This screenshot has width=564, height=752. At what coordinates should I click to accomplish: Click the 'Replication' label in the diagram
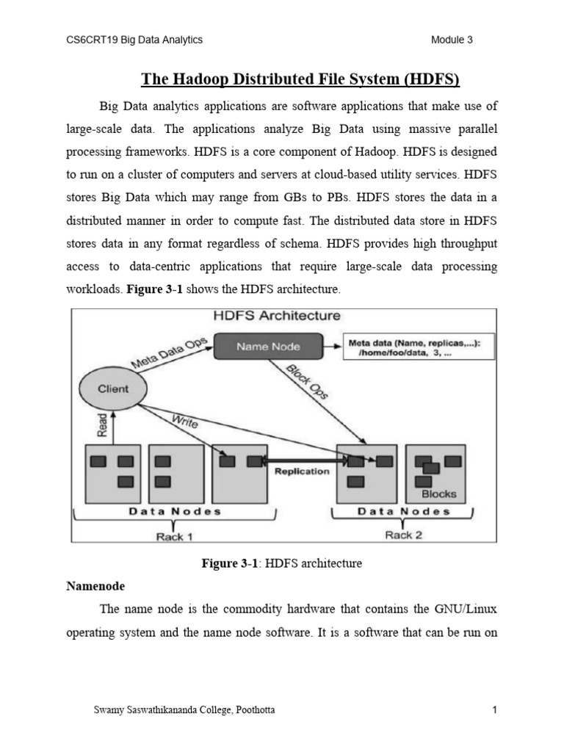tap(302, 471)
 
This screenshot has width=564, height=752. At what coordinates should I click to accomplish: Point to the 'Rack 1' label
tap(174, 536)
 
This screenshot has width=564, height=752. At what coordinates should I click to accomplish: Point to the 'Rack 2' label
tap(403, 535)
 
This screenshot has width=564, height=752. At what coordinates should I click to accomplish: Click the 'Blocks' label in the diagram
tap(438, 494)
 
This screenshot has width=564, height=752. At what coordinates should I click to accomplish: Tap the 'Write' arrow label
tap(186, 422)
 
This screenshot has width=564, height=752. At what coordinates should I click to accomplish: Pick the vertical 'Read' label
tap(102, 425)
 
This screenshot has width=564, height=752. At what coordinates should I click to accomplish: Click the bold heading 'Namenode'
tap(95, 587)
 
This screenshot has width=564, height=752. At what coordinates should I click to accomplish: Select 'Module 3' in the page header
tap(452, 40)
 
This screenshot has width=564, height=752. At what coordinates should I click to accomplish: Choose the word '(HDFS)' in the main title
tap(433, 79)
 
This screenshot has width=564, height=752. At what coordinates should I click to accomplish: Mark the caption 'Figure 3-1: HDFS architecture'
tap(282, 563)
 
